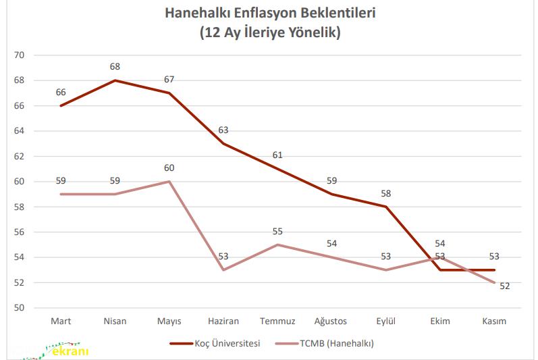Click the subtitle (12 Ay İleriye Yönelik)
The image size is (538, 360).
(x=270, y=32)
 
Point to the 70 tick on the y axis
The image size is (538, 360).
(x=18, y=55)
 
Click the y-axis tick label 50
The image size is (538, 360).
(x=18, y=308)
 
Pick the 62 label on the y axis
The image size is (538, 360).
(x=18, y=156)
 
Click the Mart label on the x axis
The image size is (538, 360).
(x=61, y=322)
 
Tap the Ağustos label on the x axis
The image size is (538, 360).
(x=331, y=322)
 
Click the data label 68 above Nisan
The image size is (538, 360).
(x=115, y=67)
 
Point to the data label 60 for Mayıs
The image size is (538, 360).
(x=169, y=168)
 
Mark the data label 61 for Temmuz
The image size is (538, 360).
(x=277, y=155)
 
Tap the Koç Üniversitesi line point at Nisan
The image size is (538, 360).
(x=115, y=80)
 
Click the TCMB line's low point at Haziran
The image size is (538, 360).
(x=223, y=270)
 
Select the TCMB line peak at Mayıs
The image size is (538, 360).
(x=169, y=182)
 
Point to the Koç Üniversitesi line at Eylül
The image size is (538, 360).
(x=385, y=207)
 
